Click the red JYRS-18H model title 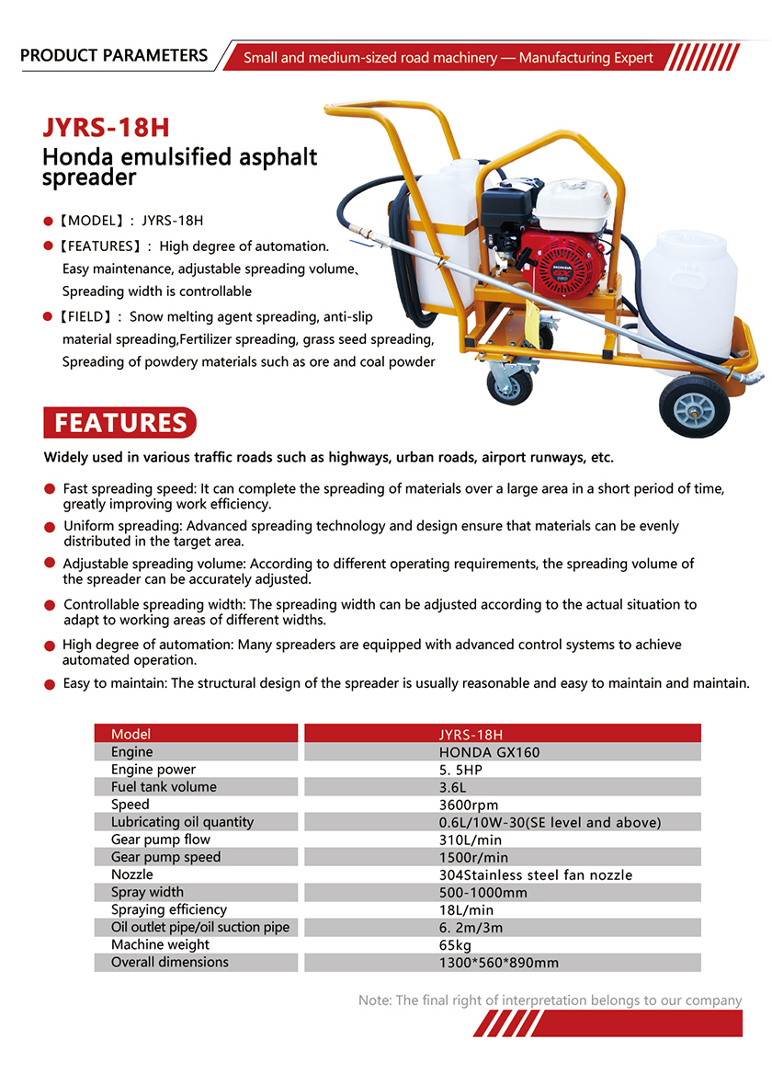tap(107, 127)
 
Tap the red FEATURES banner tap(119, 422)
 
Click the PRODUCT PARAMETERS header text tap(114, 55)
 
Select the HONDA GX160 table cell tap(489, 752)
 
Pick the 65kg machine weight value tap(456, 945)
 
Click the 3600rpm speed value tap(468, 805)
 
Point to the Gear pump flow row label tap(161, 840)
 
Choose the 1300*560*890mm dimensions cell tap(499, 963)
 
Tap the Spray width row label tap(147, 892)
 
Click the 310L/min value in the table tap(471, 840)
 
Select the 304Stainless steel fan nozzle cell tap(536, 874)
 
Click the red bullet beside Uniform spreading tap(50, 527)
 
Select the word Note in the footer tap(373, 1000)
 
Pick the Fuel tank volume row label tap(164, 787)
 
